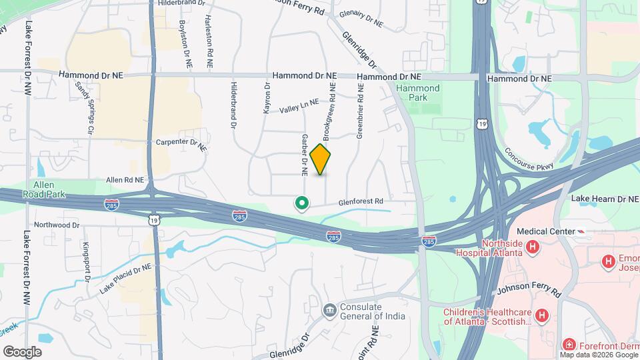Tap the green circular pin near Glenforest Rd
coord(301,203)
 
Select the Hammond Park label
coord(418,93)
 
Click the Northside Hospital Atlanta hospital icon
coord(533,248)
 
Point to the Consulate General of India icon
coord(329,310)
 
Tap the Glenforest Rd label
coord(361,201)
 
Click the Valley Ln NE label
coord(299,107)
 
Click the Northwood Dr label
coord(57,225)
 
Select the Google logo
coord(22,351)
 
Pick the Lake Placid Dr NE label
coord(125,279)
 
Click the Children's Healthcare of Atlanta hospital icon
coord(543,315)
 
